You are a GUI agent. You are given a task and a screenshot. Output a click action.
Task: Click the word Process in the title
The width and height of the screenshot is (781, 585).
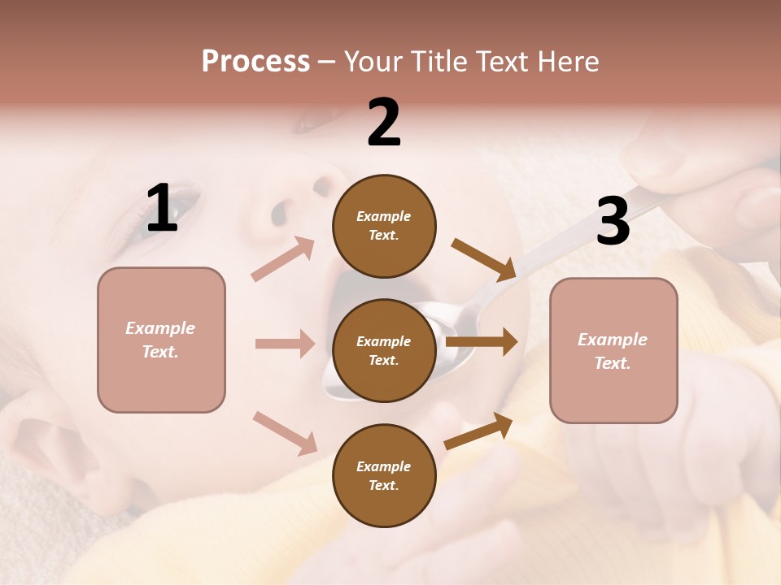[x=255, y=61]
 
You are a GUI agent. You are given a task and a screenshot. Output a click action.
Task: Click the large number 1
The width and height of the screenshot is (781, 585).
[x=162, y=209]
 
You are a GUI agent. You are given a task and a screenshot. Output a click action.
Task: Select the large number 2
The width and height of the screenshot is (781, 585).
[x=384, y=123]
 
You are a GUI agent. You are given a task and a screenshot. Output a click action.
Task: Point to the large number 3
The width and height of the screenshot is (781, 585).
[x=613, y=221]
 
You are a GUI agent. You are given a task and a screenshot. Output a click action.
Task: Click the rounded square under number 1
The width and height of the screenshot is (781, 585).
[x=161, y=340]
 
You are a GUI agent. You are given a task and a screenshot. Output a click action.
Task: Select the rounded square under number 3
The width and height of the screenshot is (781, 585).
[x=613, y=350]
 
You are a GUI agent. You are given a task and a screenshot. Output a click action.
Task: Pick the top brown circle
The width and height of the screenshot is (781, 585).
[x=384, y=226]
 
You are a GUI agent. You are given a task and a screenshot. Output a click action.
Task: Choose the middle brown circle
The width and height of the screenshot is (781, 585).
[x=384, y=350]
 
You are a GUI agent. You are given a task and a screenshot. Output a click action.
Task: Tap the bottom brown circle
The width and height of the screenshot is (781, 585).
[x=384, y=475]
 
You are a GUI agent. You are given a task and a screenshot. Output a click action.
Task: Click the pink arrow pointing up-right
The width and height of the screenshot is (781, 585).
[x=283, y=259]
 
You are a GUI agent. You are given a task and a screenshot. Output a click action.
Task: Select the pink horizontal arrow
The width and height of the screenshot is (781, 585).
[x=285, y=344]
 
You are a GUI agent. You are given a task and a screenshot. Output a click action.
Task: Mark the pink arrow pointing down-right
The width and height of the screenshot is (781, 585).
[x=285, y=432]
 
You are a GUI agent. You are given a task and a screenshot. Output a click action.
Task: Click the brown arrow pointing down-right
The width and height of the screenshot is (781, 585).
[x=483, y=259]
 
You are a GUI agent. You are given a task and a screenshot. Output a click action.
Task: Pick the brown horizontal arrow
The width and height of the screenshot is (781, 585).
[x=482, y=342]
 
